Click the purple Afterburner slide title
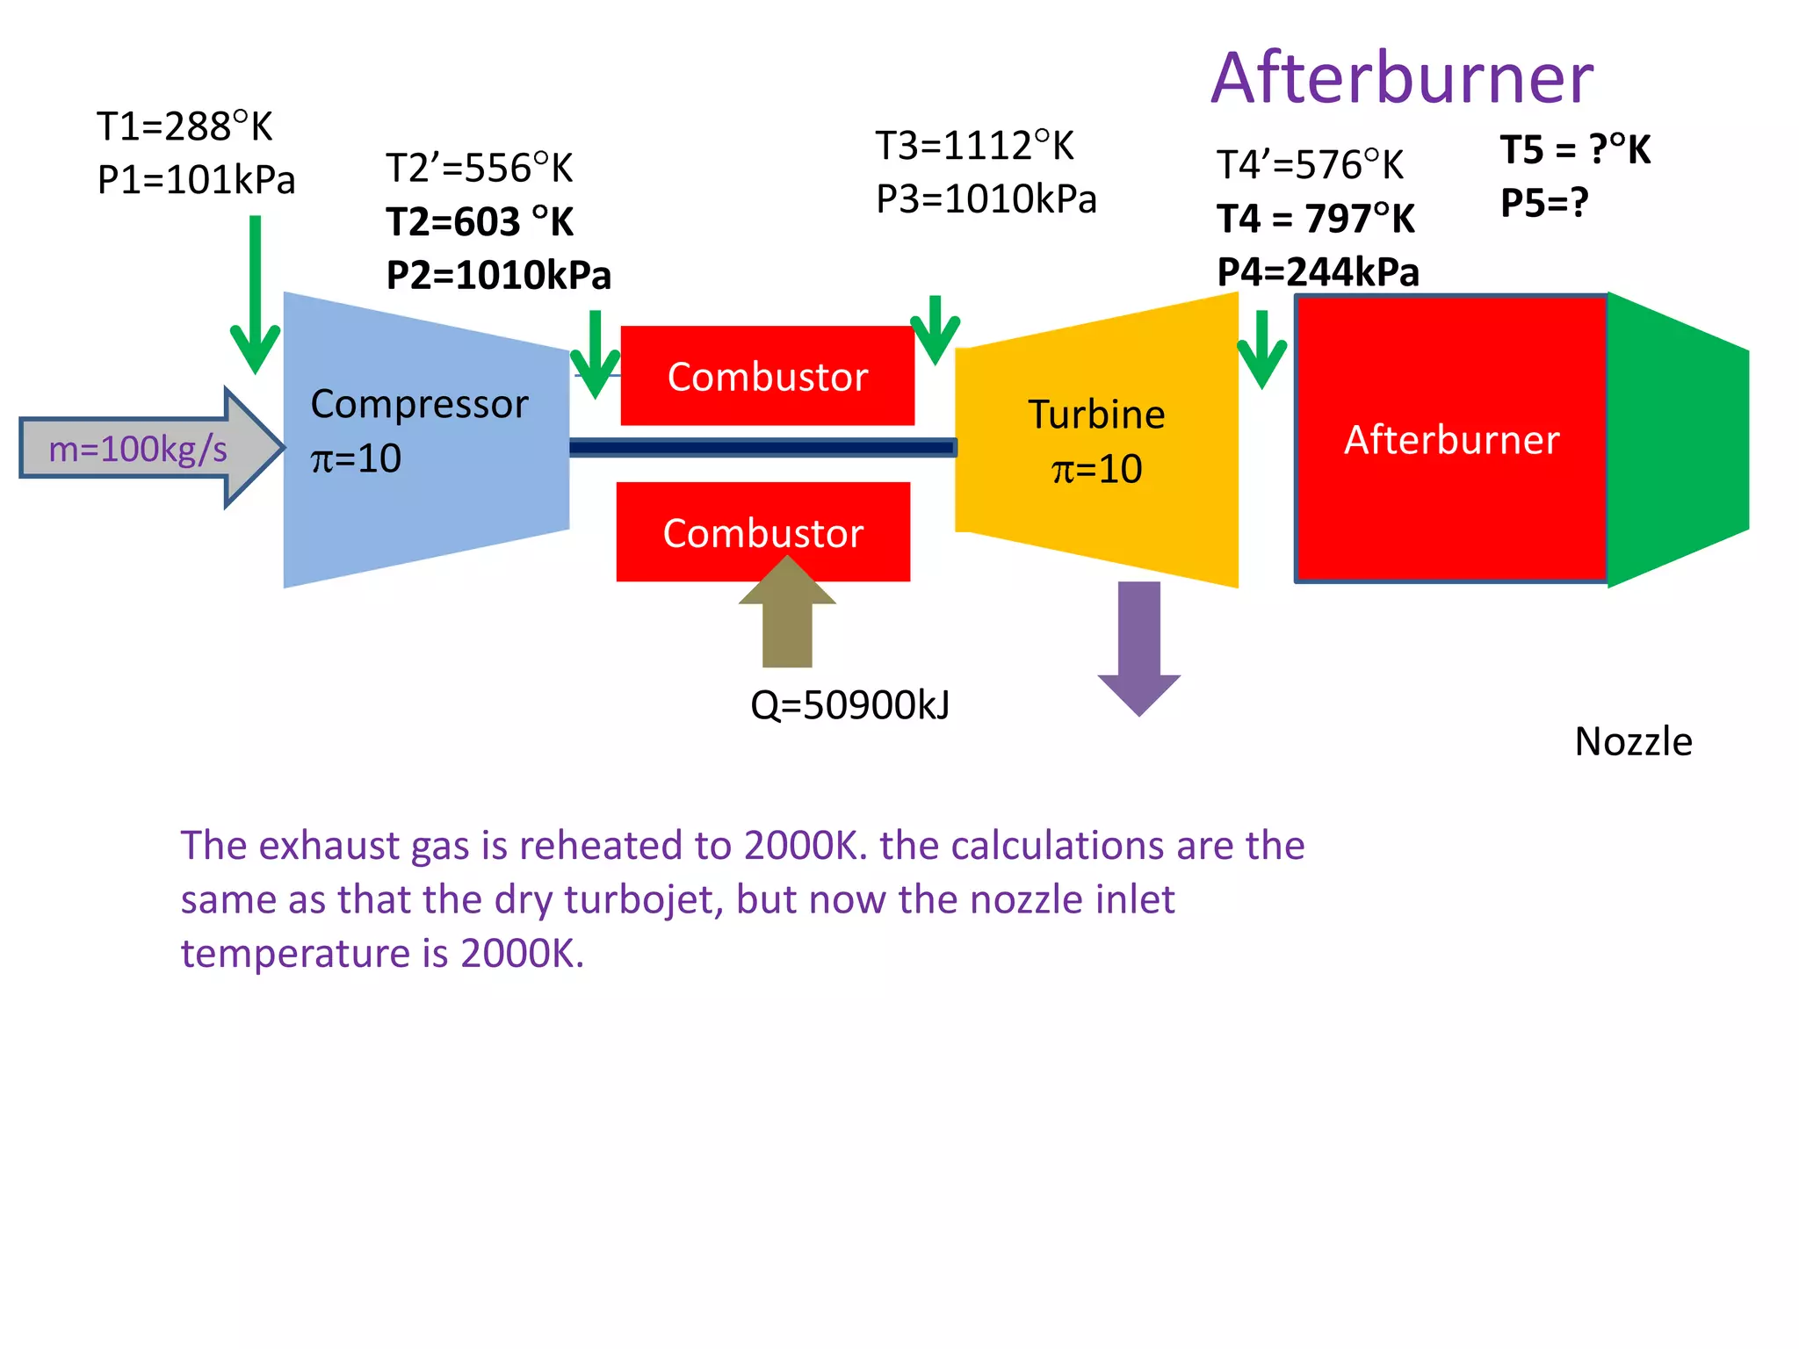[1401, 79]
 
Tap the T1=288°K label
[184, 127]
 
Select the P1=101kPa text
[196, 180]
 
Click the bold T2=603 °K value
[480, 221]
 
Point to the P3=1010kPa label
[986, 199]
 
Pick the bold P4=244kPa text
[1318, 272]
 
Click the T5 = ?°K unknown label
[1575, 149]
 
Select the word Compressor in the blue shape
[419, 404]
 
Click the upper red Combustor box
[767, 376]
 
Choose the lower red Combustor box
[762, 533]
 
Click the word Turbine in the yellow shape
[1096, 415]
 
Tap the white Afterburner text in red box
[1451, 439]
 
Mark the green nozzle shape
[1673, 439]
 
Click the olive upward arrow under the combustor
[787, 619]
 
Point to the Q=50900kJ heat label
[849, 705]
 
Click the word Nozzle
[1633, 742]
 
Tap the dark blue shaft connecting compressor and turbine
[762, 448]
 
